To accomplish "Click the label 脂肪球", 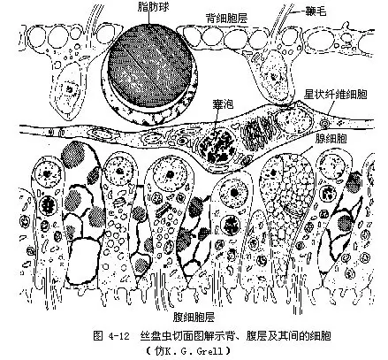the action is point(153,7).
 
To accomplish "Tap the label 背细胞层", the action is point(226,19).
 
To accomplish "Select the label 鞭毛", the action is point(316,11).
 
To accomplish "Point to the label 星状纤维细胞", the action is point(335,95).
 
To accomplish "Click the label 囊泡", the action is point(223,104).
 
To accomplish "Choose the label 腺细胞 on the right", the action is point(331,138).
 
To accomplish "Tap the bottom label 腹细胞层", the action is point(194,318).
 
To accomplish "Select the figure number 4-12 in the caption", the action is point(119,336).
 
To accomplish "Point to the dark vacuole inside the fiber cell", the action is point(217,146).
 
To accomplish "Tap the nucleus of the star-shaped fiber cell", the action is point(293,120).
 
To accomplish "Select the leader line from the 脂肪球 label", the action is point(149,19).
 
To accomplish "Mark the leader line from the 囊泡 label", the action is point(217,119).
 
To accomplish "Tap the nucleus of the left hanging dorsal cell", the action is point(70,89).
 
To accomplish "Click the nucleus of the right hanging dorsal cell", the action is point(275,77).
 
